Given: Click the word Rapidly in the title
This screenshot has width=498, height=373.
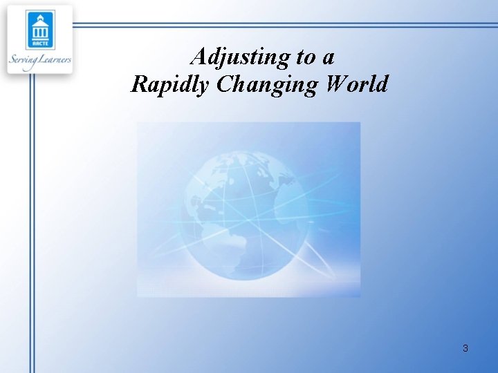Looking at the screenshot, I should (169, 84).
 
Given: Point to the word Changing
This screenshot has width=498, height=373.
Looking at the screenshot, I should (266, 85).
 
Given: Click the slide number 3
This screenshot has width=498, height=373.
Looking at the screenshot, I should (465, 348).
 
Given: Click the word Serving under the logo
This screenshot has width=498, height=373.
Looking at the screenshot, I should (24, 60).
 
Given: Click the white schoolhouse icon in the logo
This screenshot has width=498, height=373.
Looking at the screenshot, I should (39, 29).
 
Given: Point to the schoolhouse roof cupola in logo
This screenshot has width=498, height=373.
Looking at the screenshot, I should (39, 16).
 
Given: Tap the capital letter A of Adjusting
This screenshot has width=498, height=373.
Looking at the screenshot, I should (199, 56).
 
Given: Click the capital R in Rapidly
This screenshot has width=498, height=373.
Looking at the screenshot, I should (139, 84).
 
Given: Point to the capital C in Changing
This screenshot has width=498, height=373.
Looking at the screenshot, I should (225, 84).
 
